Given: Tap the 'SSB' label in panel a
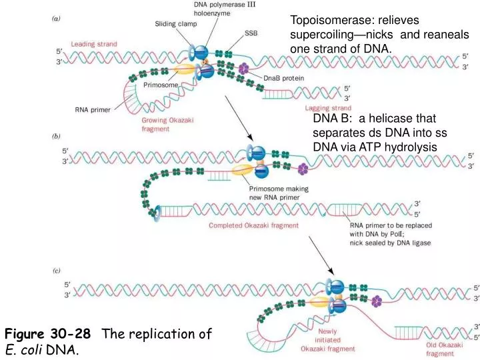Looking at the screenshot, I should coord(251,32).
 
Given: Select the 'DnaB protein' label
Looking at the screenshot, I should coord(283,78).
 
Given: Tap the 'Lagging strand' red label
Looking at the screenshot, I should coord(328,107).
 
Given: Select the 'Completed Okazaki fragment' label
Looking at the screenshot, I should coord(254,225).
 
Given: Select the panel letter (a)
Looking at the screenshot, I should coord(59,18).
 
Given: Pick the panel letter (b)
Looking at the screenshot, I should coord(58,136).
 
